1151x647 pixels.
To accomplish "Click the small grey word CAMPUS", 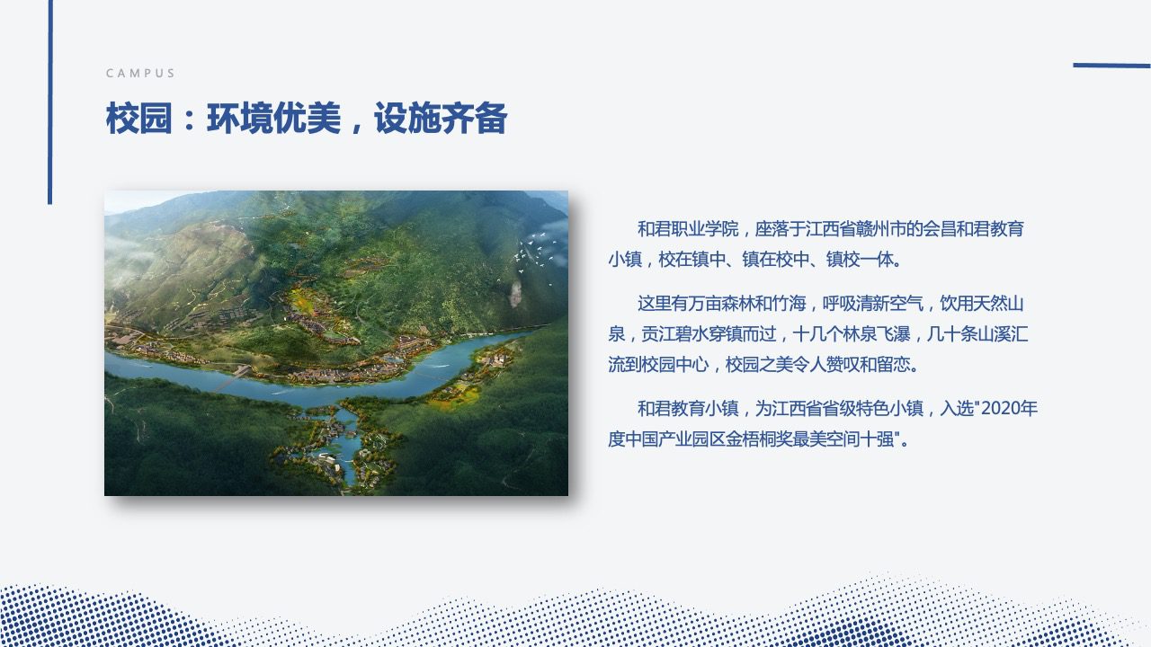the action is tap(140, 74).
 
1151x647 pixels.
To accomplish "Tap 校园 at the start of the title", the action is tap(138, 118).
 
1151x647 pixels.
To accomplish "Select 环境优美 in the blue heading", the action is tap(274, 118).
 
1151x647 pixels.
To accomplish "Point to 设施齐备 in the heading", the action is tap(441, 118).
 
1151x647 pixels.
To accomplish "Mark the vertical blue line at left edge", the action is tap(49, 102).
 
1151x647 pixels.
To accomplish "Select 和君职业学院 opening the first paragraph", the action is tap(688, 229).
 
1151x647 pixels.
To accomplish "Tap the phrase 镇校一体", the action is tap(861, 260).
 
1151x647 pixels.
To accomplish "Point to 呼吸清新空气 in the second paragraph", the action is tap(872, 304).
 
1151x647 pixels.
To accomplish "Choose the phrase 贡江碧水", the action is tap(674, 334).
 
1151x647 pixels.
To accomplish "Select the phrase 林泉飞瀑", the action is tap(877, 334).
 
